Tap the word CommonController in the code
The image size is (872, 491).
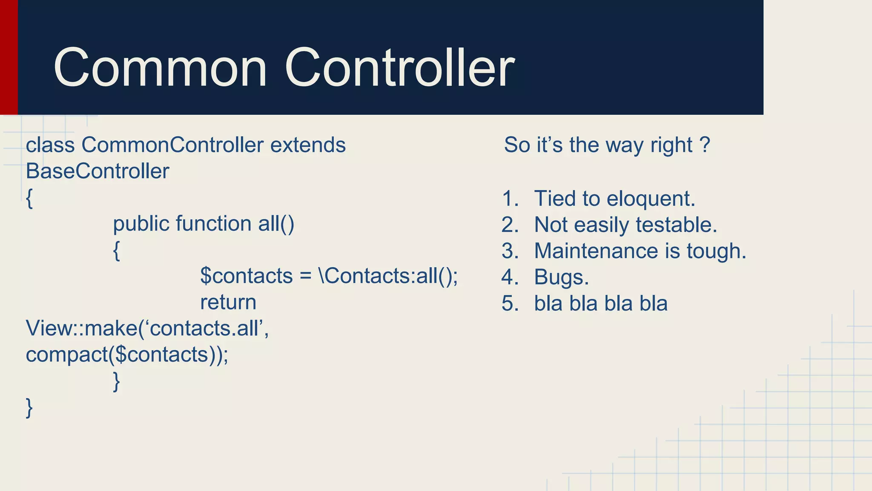[x=172, y=145]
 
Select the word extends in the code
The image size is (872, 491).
[x=308, y=145]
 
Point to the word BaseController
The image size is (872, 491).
[x=98, y=171]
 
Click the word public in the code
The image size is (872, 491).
[x=141, y=224]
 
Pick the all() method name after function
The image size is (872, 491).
[x=276, y=224]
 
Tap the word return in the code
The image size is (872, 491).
[x=228, y=303]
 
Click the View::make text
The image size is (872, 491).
[x=81, y=329]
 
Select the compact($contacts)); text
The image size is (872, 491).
[x=127, y=355]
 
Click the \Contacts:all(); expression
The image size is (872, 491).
[x=388, y=276]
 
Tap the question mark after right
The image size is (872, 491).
[x=705, y=145]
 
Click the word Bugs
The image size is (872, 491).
[x=561, y=277]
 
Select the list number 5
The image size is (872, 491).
[x=509, y=304]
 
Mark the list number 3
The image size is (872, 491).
[x=509, y=251]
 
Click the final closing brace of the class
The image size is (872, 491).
[x=29, y=408]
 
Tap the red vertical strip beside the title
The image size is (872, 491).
[x=9, y=57]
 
